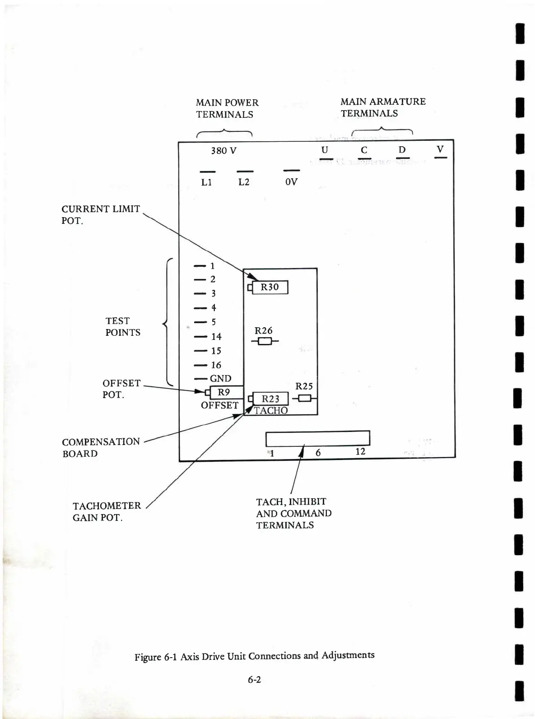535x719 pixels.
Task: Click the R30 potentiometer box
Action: [270, 287]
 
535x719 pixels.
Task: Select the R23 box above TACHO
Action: [270, 399]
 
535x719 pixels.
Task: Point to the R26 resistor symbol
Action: [265, 341]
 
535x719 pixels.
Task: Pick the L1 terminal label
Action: [206, 182]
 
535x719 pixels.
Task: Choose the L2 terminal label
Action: [244, 182]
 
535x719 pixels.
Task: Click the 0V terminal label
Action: [291, 182]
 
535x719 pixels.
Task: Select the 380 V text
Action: [223, 151]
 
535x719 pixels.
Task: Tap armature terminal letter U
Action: [325, 150]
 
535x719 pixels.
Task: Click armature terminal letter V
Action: [440, 149]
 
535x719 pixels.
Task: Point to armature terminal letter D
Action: [402, 150]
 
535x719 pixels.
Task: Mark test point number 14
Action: [216, 337]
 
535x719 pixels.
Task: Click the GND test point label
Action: [220, 379]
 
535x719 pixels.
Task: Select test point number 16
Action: [216, 365]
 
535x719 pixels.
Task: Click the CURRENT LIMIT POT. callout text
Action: [100, 215]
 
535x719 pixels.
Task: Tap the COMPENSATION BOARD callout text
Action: [100, 447]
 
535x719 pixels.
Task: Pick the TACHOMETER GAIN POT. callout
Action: [106, 511]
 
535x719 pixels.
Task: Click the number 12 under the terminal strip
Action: [360, 451]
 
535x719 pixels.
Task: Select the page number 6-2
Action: [254, 680]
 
